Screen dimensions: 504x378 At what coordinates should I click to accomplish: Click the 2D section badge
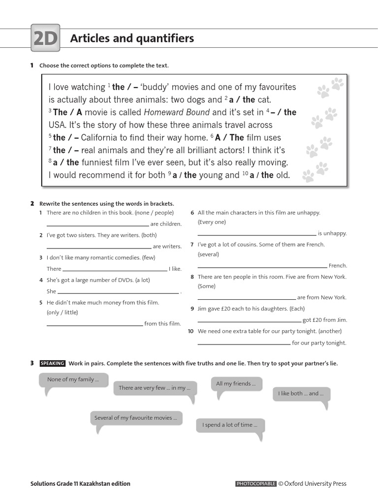tap(45, 38)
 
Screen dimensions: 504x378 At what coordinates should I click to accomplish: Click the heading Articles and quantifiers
tap(132, 38)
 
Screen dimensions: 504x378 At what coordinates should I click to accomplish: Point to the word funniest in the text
tap(98, 163)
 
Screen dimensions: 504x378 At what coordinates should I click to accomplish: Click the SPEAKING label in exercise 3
tap(52, 364)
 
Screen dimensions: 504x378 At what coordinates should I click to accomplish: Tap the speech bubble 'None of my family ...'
tap(73, 380)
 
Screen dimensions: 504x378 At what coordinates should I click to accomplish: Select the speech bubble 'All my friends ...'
tap(236, 384)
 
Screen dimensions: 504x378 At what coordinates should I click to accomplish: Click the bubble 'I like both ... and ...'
tap(301, 394)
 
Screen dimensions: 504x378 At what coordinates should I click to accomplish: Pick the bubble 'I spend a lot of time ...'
tap(230, 425)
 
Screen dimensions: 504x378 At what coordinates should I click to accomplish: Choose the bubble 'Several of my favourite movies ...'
tap(136, 418)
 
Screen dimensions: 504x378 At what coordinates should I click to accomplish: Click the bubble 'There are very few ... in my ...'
tap(155, 388)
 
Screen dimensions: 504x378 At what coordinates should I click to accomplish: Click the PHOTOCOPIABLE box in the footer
tap(256, 484)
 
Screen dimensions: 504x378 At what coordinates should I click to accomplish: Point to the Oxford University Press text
tap(315, 484)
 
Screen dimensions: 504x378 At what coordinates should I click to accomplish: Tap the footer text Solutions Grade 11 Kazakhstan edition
tap(80, 484)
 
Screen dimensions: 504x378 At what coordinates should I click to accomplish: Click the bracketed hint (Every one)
tap(212, 222)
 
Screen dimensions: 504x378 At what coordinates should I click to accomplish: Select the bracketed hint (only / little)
tap(63, 313)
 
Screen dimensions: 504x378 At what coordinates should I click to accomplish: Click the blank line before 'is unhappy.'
tap(256, 235)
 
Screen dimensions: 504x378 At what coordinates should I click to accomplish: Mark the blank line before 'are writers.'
tap(99, 248)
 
